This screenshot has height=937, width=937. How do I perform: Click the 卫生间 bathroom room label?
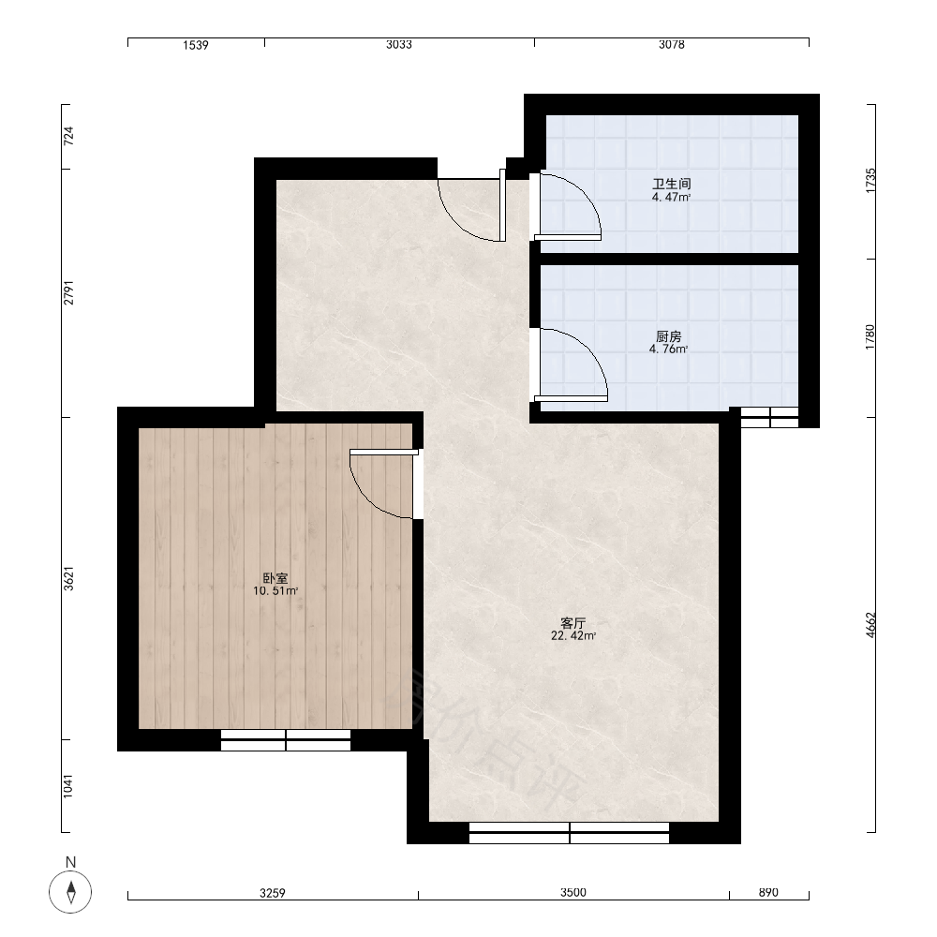[671, 184]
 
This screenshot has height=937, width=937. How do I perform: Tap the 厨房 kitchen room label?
[668, 336]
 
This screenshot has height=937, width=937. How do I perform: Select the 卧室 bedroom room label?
[275, 578]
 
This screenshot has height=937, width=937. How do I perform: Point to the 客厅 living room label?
[573, 623]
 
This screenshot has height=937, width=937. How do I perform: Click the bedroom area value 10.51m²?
[275, 591]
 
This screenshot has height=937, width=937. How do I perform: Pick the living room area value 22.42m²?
[573, 636]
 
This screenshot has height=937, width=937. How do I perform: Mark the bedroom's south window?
[286, 740]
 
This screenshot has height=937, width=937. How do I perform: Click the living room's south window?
[569, 833]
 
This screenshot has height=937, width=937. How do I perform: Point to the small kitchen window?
[769, 417]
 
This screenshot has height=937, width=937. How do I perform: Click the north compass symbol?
[70, 892]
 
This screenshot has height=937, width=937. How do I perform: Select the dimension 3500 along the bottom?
[573, 892]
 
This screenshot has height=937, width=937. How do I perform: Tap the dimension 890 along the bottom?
[768, 892]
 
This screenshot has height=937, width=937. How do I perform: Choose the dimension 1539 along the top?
[196, 45]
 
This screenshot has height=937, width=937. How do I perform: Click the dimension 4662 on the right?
[870, 624]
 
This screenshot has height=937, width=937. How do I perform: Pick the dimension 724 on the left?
[68, 136]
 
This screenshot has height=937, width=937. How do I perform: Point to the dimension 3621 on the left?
[68, 578]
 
